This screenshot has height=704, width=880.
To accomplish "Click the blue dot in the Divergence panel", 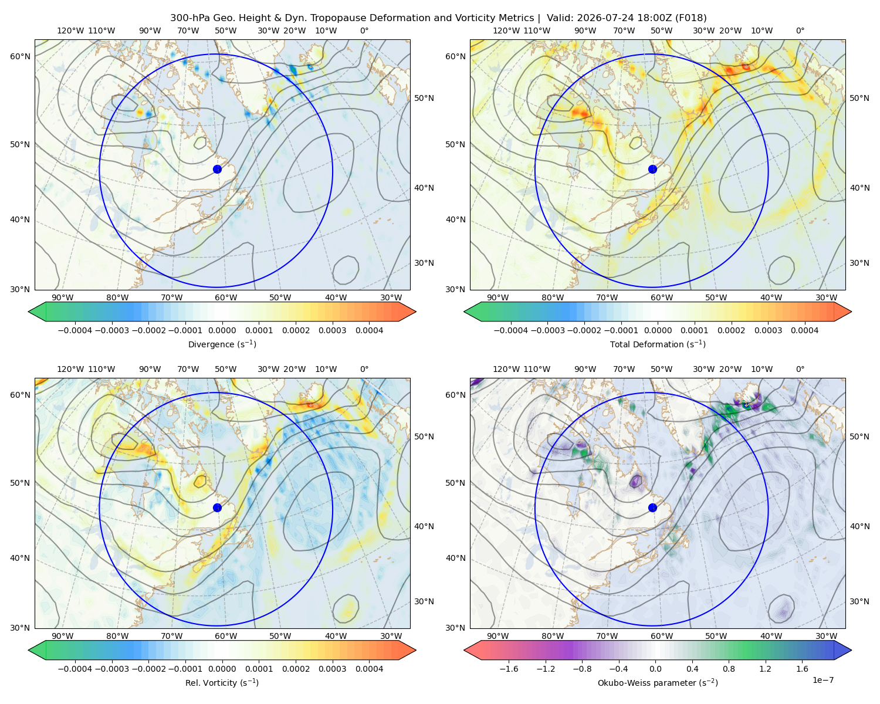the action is tap(217, 170).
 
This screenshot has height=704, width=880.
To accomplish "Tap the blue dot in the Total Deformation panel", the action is tap(652, 170).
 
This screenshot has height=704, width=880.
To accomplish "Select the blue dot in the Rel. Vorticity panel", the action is tap(217, 507).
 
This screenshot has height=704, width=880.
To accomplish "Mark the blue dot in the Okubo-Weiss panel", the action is tap(652, 507).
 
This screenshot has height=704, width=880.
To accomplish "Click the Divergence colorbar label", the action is tap(222, 344).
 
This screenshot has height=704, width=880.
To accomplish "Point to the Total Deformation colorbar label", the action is tap(658, 344).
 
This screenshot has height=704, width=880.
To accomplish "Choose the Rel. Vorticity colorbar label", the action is tap(222, 682).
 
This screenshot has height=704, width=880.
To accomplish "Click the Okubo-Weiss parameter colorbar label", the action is tap(658, 682).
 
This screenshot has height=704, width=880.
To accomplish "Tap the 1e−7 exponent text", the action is tap(823, 681).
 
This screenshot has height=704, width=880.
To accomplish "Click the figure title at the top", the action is tap(438, 18).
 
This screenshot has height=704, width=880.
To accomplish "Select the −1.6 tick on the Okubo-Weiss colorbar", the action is tap(509, 669).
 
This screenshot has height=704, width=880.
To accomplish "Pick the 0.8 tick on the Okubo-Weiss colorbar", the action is tap(729, 669).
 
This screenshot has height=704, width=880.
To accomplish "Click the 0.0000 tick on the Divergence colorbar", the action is tap(222, 330).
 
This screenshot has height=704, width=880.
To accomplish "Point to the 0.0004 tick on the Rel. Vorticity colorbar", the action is tap(369, 669).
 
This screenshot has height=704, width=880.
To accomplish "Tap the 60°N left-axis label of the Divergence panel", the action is tap(20, 56).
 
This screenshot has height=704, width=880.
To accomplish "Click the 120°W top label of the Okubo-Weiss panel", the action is tap(506, 369).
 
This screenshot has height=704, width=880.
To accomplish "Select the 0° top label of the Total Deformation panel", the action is tap(800, 31).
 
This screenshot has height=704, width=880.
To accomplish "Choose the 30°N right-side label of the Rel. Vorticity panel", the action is tap(424, 601).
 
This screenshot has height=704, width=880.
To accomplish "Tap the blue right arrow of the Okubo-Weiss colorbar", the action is tap(843, 650).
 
